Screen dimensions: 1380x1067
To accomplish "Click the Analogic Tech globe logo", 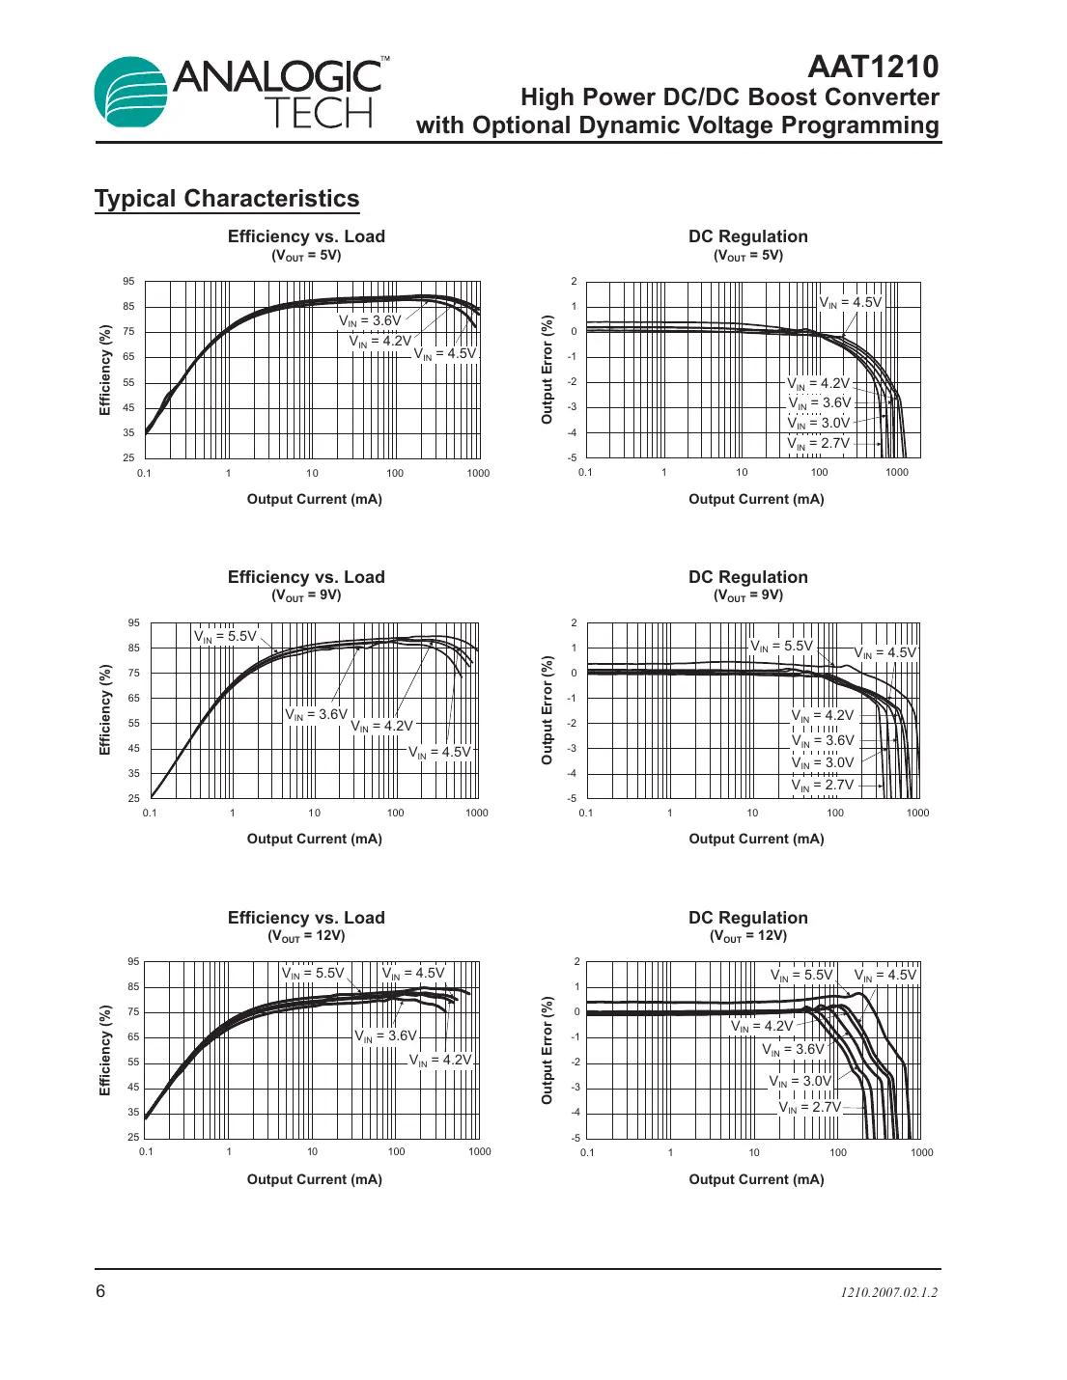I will [x=132, y=93].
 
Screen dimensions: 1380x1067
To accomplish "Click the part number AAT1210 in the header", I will [x=872, y=67].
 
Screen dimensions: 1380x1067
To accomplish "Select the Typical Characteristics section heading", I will [x=227, y=199].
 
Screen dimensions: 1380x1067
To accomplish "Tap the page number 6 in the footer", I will [x=100, y=1291].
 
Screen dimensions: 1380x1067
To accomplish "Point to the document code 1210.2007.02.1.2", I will [x=888, y=1292].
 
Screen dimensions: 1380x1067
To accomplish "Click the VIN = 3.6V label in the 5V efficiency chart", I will [x=370, y=321].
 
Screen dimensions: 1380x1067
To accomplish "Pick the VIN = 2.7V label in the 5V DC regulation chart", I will [x=819, y=444].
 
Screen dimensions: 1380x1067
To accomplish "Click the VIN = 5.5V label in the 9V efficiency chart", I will [x=225, y=637].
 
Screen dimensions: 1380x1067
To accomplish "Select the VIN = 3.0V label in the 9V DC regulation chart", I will [x=823, y=763].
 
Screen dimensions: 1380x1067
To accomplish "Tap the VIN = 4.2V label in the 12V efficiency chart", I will [x=440, y=1061].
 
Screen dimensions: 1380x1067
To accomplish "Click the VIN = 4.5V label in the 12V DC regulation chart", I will [x=885, y=976].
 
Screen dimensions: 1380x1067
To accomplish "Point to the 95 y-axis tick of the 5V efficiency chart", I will [x=128, y=282].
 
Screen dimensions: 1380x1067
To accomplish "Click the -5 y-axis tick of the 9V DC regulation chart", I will [x=572, y=799].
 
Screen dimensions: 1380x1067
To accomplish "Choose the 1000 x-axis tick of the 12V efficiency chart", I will [x=480, y=1152].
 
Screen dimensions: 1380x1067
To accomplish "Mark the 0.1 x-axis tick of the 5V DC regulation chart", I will [x=585, y=473].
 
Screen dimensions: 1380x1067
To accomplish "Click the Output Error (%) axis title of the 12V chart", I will [x=548, y=1051].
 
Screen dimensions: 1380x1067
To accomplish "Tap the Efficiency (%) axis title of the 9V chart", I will [x=105, y=709].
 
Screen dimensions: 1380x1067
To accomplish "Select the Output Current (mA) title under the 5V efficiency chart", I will [x=315, y=500].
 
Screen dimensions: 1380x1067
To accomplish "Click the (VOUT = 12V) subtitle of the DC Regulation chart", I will [x=748, y=936].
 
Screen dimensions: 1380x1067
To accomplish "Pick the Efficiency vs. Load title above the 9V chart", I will [x=306, y=577].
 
